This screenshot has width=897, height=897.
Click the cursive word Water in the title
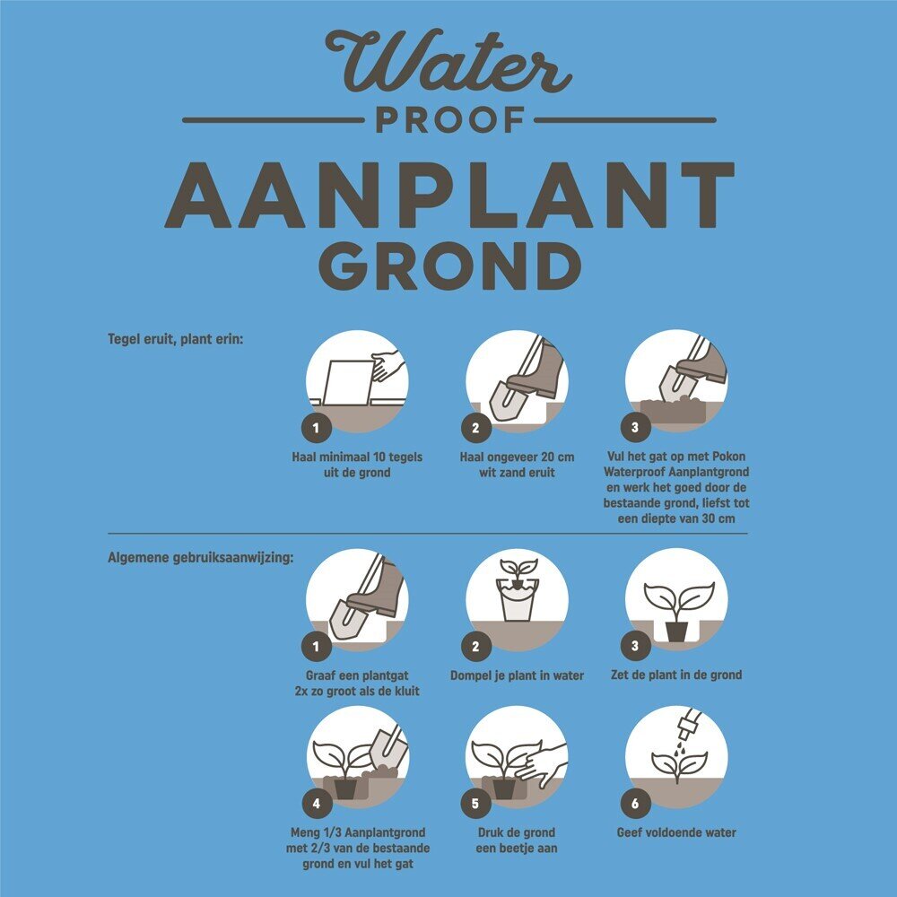coord(448,61)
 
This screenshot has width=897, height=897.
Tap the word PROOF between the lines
coord(449,120)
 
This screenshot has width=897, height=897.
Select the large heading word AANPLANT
coord(449,195)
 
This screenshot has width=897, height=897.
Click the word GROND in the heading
coord(449,266)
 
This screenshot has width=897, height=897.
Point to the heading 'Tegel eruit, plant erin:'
coord(176,339)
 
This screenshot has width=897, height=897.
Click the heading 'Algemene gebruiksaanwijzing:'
coord(200,557)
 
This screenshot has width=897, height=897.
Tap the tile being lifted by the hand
coord(348,382)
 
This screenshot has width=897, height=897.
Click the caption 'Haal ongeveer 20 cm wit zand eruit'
coord(517,465)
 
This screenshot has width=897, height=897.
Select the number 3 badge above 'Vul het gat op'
coord(635,427)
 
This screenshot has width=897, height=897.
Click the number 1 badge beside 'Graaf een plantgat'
coord(317,647)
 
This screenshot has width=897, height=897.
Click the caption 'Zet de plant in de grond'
coord(676,675)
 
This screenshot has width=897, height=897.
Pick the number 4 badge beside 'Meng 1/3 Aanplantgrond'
coord(317,804)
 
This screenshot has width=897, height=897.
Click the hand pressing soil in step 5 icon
coord(541,762)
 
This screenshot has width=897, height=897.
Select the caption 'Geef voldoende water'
coord(676,833)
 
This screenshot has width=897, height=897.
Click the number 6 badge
coord(635,804)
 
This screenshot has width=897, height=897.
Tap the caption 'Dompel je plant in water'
coord(518,675)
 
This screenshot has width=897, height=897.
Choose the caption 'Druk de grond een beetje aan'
coord(517,840)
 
